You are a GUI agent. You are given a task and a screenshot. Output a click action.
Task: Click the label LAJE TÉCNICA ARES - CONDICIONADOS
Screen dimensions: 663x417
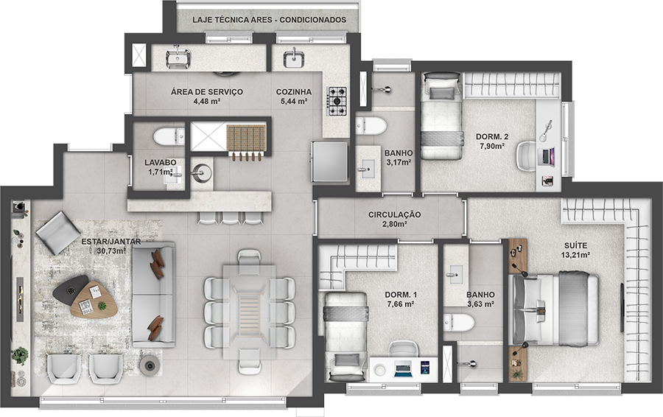[x=270, y=20]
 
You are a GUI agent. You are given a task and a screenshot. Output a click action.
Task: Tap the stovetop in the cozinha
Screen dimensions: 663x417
[x=338, y=102]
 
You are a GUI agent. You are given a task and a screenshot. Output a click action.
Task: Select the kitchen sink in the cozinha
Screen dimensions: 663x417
[x=292, y=58]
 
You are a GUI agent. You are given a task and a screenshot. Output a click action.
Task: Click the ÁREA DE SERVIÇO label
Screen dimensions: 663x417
[x=207, y=92]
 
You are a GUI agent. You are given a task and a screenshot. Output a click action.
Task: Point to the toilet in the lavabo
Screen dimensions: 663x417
[x=169, y=136]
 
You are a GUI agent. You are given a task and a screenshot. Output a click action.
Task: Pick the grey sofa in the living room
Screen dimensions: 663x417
[x=153, y=295]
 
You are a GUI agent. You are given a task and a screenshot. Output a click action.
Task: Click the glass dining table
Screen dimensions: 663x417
[x=250, y=312]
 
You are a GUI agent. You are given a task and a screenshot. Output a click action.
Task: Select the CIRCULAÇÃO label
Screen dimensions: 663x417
[x=395, y=215]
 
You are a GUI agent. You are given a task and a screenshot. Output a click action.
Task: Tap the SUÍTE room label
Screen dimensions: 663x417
[x=575, y=245]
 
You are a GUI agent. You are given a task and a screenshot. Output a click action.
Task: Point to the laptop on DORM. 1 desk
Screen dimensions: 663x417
[x=403, y=368]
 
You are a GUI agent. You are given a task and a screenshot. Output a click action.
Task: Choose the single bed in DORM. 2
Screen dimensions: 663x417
[x=441, y=116]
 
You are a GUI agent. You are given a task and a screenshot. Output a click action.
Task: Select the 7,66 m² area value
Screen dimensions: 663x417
[x=401, y=304]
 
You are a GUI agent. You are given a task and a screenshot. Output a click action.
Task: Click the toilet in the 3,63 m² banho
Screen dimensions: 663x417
[x=459, y=323]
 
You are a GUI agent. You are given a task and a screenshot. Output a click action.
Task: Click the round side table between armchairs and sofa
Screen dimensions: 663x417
[x=150, y=365]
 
